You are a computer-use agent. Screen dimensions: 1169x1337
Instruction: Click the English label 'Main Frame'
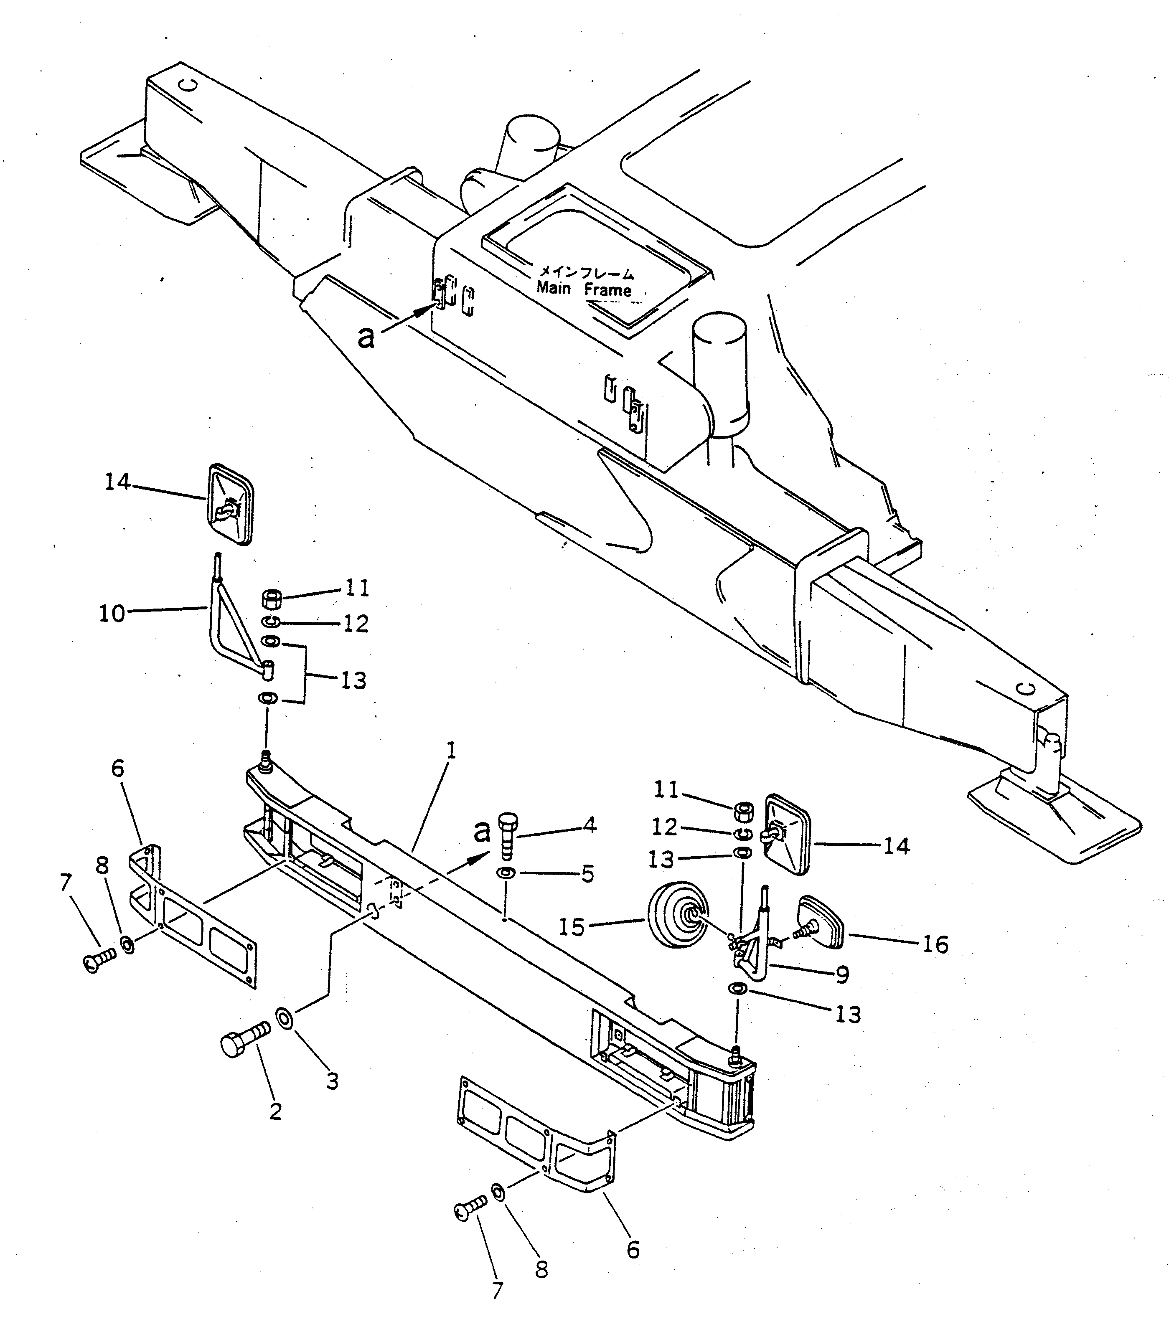click(584, 289)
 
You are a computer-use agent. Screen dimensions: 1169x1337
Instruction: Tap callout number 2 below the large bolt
click(275, 1112)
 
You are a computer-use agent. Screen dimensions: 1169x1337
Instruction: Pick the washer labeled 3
click(285, 1017)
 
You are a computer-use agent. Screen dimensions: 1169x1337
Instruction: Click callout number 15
click(572, 927)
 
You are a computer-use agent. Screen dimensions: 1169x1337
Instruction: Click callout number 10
click(112, 613)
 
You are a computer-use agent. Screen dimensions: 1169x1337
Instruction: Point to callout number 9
click(842, 993)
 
